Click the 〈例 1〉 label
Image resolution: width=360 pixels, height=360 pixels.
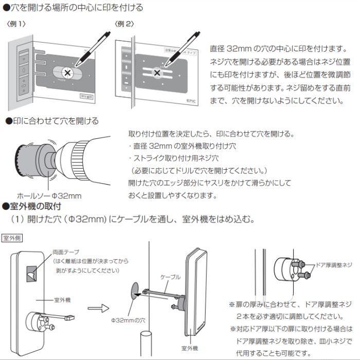pos(16,24)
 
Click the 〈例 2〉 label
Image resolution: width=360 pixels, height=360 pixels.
pos(125,24)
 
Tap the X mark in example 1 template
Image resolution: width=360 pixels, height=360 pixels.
pos(67,73)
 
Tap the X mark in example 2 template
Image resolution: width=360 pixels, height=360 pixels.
pos(156,73)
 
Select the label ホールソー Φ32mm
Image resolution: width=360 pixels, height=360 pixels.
pos(49,196)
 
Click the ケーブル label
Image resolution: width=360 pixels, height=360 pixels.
pos(171,277)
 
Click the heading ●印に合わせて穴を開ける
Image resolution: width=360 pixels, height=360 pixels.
pos(51,121)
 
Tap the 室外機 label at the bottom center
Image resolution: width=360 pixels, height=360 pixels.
pos(189,348)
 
